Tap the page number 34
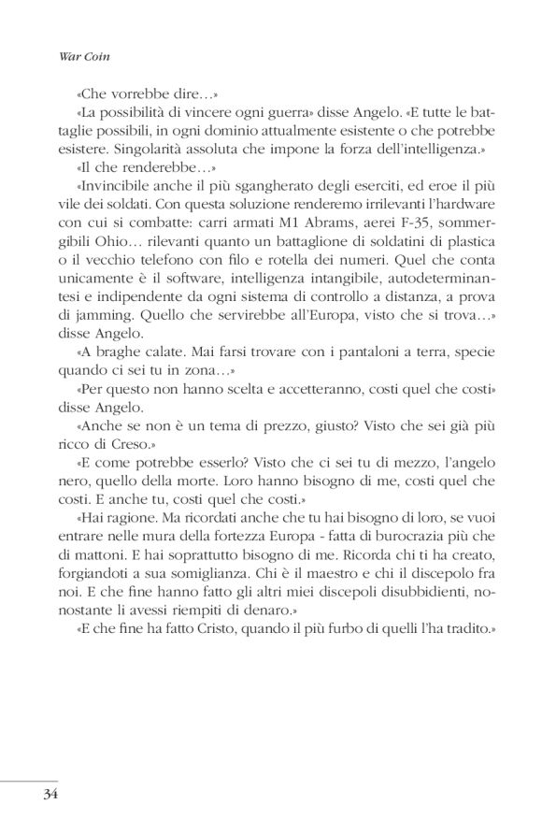50,795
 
